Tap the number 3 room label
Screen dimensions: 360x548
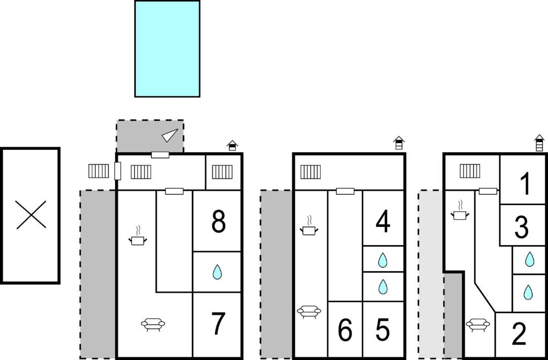click(x=522, y=227)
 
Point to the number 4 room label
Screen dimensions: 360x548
click(x=383, y=221)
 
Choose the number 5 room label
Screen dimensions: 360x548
click(x=383, y=330)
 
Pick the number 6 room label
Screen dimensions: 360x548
click(x=345, y=331)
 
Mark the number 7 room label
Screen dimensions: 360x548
click(x=218, y=324)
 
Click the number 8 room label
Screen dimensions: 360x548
click(x=218, y=221)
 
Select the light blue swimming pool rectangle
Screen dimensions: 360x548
click(x=167, y=49)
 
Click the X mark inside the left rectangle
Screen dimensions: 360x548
click(x=31, y=215)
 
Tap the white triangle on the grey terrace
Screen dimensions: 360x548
click(x=170, y=135)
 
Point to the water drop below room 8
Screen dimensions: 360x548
click(x=217, y=272)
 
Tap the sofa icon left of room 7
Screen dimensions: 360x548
click(x=153, y=324)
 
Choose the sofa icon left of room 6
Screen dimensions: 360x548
click(x=309, y=311)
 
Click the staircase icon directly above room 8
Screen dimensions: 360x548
click(x=222, y=172)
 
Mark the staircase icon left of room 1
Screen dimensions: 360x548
click(x=470, y=171)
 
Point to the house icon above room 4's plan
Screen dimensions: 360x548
click(x=399, y=143)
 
